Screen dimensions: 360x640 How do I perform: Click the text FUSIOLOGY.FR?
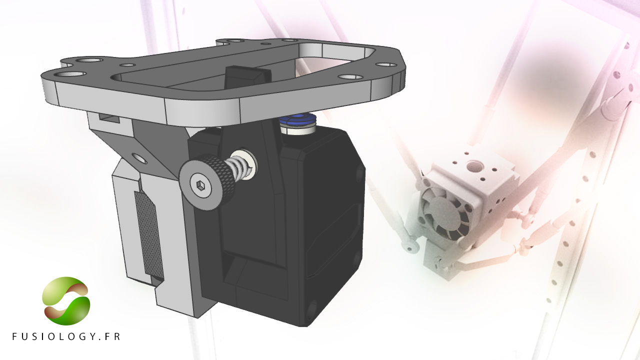66,336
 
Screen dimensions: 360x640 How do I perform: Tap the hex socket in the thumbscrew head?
201,185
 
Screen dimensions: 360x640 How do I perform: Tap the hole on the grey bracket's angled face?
140,159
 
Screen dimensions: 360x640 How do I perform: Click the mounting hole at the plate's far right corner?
386,65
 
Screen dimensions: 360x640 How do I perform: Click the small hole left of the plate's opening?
128,65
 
